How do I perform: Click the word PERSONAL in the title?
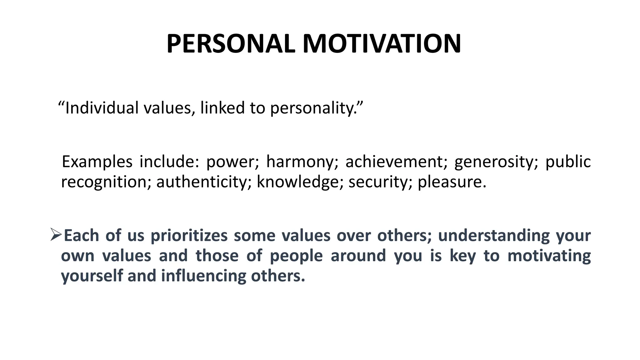231,44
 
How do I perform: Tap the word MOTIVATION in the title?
382,44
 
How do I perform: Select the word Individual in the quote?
102,108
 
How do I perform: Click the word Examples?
97,162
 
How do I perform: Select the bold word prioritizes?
189,236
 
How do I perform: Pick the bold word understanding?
494,235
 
